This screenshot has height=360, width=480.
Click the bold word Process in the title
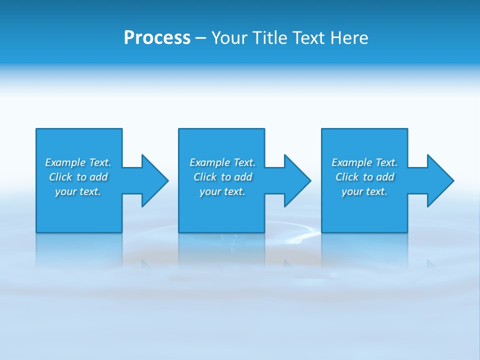pyautogui.click(x=157, y=38)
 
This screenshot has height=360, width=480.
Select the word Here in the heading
pyautogui.click(x=349, y=38)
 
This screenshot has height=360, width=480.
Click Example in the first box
pyautogui.click(x=65, y=162)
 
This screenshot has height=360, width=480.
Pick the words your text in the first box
pyautogui.click(x=78, y=191)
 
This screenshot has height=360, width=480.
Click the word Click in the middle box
pyautogui.click(x=205, y=177)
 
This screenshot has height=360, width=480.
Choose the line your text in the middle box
pyautogui.click(x=222, y=191)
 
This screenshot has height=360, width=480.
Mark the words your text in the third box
pyautogui.click(x=364, y=191)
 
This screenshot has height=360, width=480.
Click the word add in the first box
pyautogui.click(x=99, y=177)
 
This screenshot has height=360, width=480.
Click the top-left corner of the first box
pyautogui.click(x=36, y=129)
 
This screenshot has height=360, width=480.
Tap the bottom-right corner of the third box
pyautogui.click(x=407, y=232)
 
